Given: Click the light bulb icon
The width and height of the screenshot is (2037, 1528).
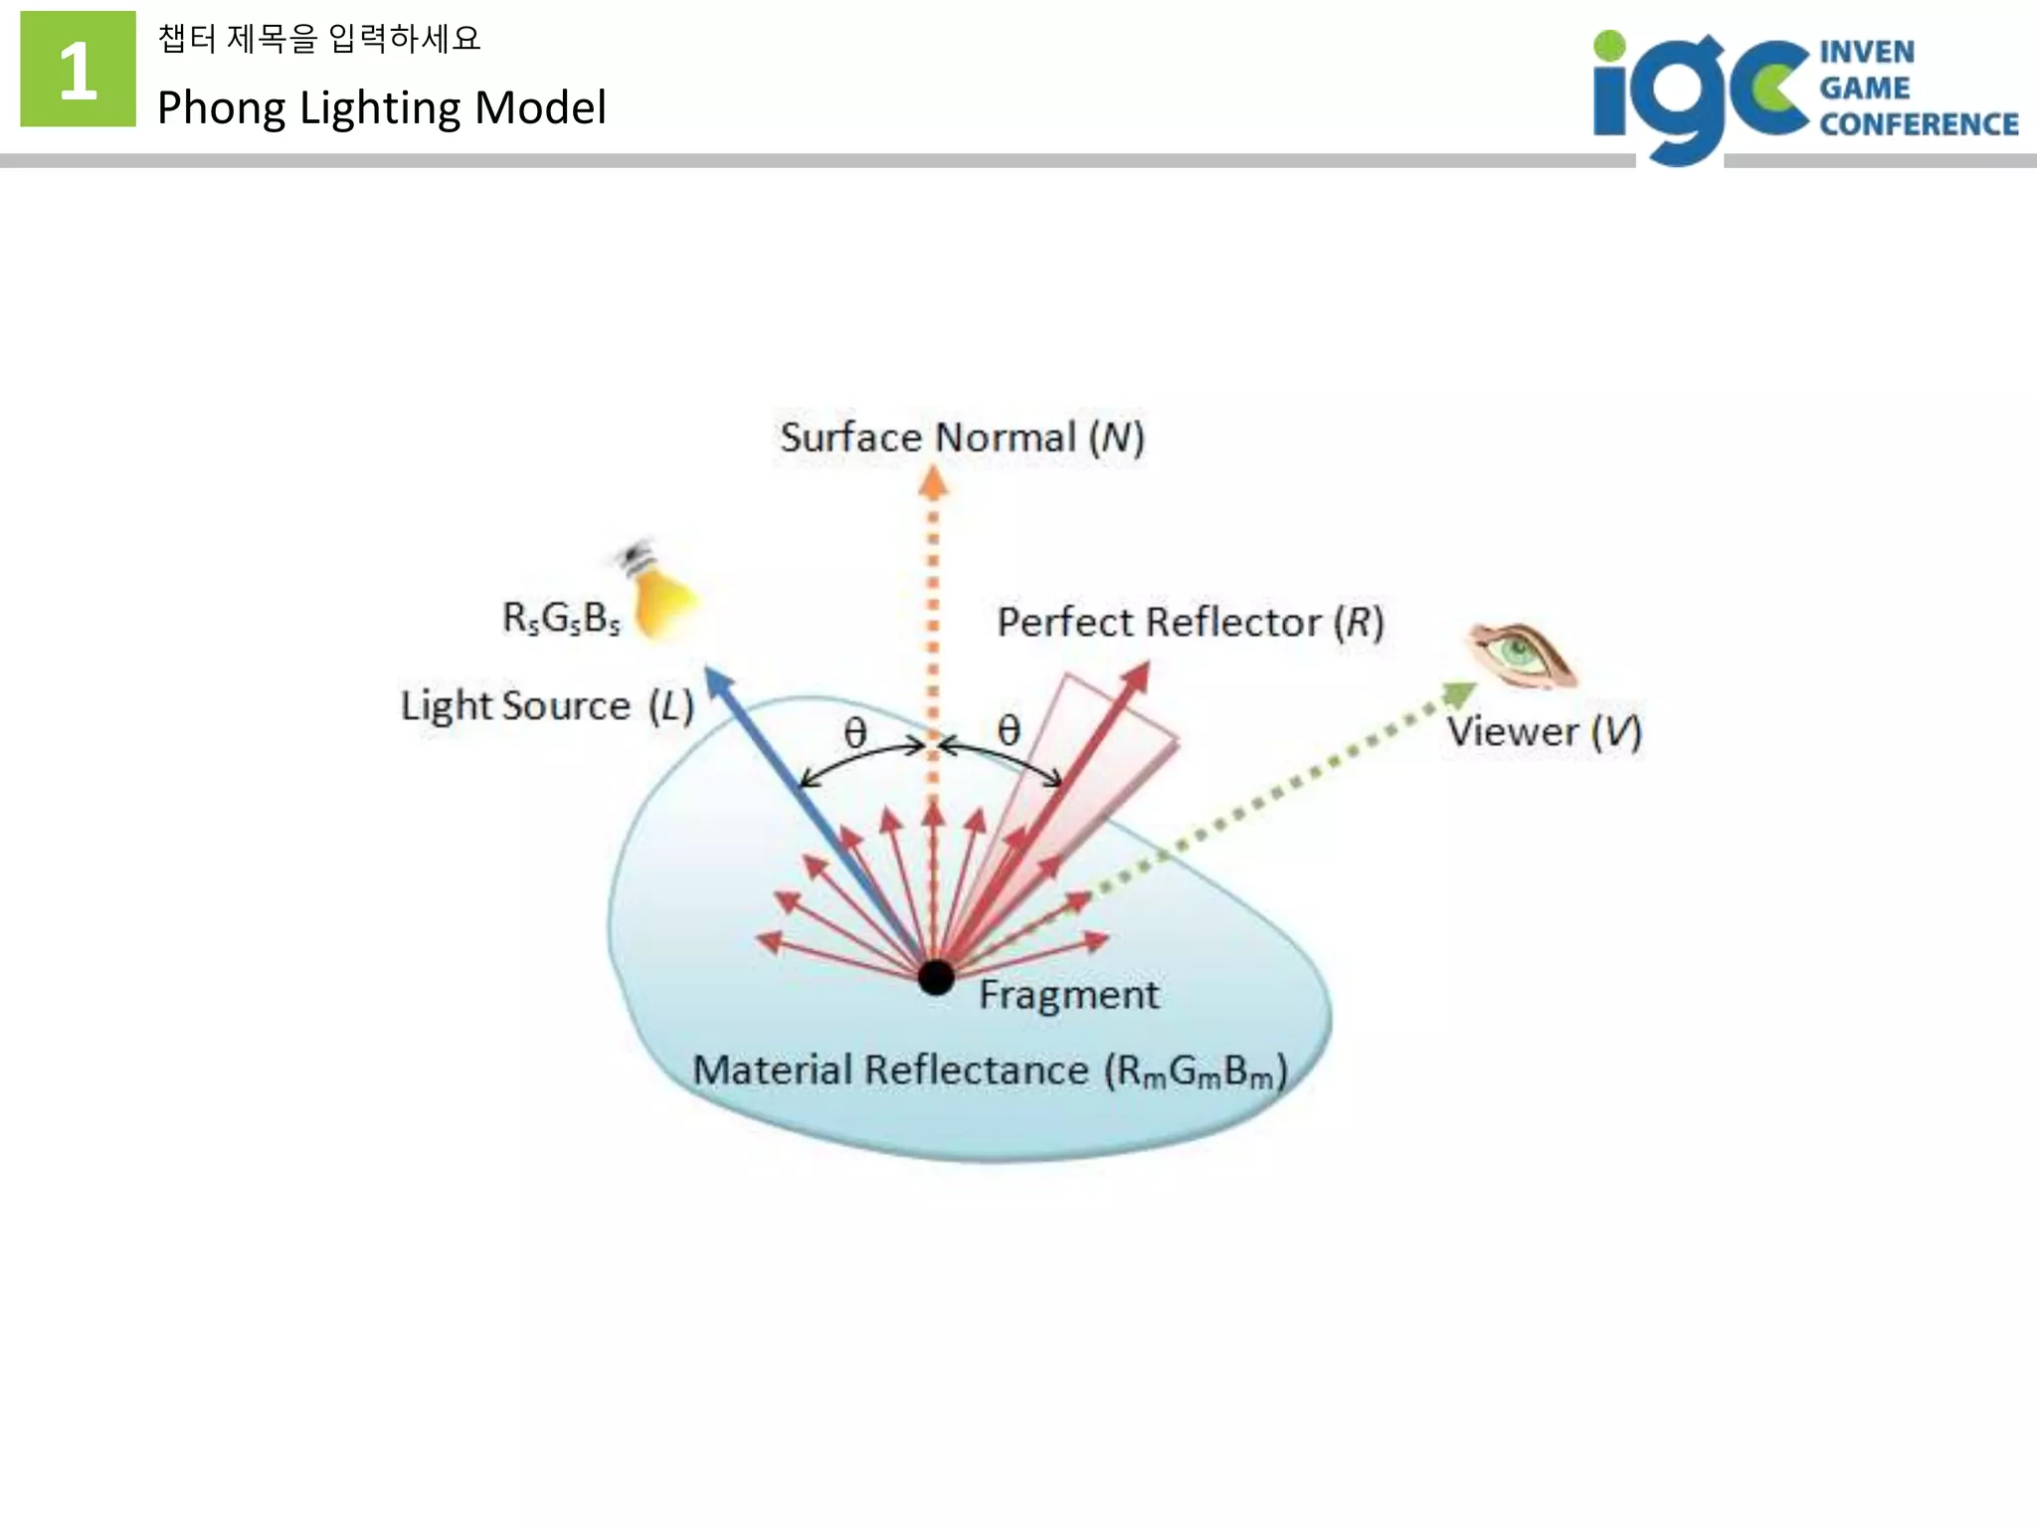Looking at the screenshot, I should click(x=661, y=595).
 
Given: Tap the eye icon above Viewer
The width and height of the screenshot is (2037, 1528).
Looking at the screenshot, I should click(x=1521, y=655).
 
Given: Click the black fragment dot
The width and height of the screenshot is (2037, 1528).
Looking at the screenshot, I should click(x=935, y=978).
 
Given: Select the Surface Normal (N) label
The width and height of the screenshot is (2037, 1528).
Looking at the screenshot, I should click(x=962, y=438).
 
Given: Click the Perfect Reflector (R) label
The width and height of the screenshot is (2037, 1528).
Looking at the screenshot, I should click(x=1190, y=623).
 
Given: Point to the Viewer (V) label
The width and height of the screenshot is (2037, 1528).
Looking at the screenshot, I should click(x=1544, y=732).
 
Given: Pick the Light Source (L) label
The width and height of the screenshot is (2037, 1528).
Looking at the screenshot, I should click(x=547, y=706).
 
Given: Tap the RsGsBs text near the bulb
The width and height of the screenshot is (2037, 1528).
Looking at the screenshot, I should click(x=561, y=619).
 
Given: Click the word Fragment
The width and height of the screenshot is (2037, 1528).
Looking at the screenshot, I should click(x=1068, y=995).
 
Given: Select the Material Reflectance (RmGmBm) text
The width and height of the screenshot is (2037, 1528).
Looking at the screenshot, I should click(x=990, y=1071).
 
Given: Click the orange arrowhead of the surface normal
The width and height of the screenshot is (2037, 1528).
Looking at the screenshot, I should click(x=932, y=482).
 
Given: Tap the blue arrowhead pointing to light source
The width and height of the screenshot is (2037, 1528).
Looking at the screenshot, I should click(x=718, y=681).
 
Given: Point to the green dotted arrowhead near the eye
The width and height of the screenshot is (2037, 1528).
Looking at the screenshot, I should click(x=1459, y=693).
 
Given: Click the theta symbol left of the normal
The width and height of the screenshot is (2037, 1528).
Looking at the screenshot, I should click(x=855, y=733).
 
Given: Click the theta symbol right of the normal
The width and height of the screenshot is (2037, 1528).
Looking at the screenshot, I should click(x=1009, y=730).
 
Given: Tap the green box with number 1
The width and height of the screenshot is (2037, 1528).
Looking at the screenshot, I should click(x=78, y=70).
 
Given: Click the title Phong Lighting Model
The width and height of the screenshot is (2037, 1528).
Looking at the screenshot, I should click(x=381, y=107).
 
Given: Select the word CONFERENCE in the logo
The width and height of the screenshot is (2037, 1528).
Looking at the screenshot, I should click(x=1919, y=124).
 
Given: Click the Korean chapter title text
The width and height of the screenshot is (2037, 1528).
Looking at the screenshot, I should click(x=318, y=39).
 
